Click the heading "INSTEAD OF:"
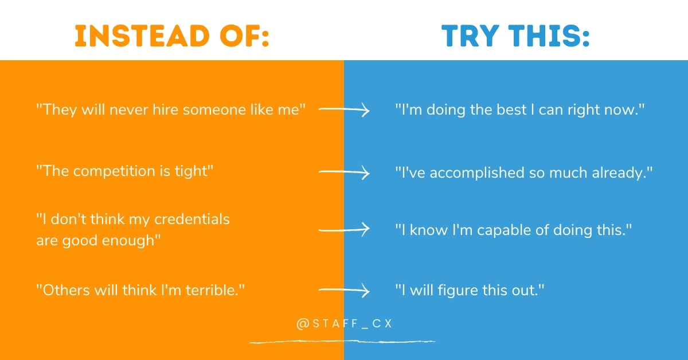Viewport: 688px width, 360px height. tap(172, 37)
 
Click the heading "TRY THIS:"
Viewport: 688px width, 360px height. tap(515, 37)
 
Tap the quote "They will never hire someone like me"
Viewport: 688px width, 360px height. tap(171, 109)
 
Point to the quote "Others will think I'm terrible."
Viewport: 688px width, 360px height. tap(141, 291)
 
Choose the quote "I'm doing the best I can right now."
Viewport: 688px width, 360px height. tap(520, 109)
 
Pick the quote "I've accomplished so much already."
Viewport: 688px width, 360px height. tap(524, 172)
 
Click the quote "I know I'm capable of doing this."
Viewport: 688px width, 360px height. tap(513, 230)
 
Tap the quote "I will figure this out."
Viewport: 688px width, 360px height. tap(469, 291)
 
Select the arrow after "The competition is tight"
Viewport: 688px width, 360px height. tap(344, 172)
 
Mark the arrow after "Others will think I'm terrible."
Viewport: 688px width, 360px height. tap(344, 291)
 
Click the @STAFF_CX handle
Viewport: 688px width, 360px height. tap(344, 323)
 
